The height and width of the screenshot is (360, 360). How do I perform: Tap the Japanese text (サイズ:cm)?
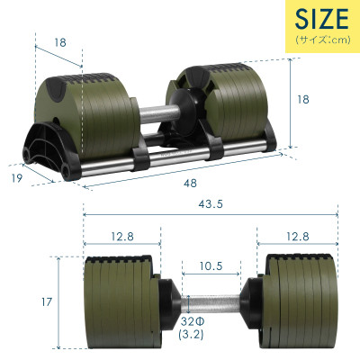[319, 40]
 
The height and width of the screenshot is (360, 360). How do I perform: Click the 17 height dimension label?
[33, 304]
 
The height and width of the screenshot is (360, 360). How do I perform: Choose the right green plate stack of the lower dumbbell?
[301, 301]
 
